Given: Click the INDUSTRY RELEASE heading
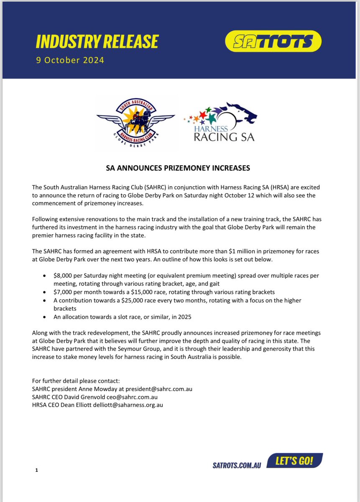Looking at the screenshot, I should pos(97,42).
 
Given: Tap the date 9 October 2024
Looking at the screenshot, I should pos(70,60).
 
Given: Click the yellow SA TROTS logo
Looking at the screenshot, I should pos(273,41).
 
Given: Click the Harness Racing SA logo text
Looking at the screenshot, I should pos(224,133).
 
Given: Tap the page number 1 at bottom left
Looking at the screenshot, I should pos(37,470).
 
